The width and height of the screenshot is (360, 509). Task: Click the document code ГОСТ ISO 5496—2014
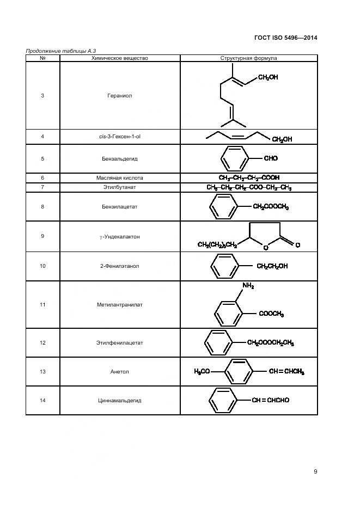286,38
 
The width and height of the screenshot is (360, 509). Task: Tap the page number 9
315,471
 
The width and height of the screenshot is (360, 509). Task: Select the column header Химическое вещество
120,58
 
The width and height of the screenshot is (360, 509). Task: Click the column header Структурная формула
249,58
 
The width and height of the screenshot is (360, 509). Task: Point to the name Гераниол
120,96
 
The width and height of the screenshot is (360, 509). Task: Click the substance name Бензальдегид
120,159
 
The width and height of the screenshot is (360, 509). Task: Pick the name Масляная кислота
120,178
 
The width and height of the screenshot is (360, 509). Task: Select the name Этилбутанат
120,187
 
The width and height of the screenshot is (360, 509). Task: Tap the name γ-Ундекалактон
120,237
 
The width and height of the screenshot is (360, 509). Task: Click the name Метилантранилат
120,305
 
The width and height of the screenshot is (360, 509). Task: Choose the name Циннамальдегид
120,401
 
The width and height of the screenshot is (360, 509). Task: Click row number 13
42,372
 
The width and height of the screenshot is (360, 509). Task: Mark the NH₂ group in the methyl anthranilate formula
248,286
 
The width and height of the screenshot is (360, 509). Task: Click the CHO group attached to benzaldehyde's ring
271,158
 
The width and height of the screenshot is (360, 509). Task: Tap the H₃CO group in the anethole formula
202,371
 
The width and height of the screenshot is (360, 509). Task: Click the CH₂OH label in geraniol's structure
268,77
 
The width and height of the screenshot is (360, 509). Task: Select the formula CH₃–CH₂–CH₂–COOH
249,178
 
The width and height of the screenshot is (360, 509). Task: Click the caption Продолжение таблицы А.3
60,51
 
